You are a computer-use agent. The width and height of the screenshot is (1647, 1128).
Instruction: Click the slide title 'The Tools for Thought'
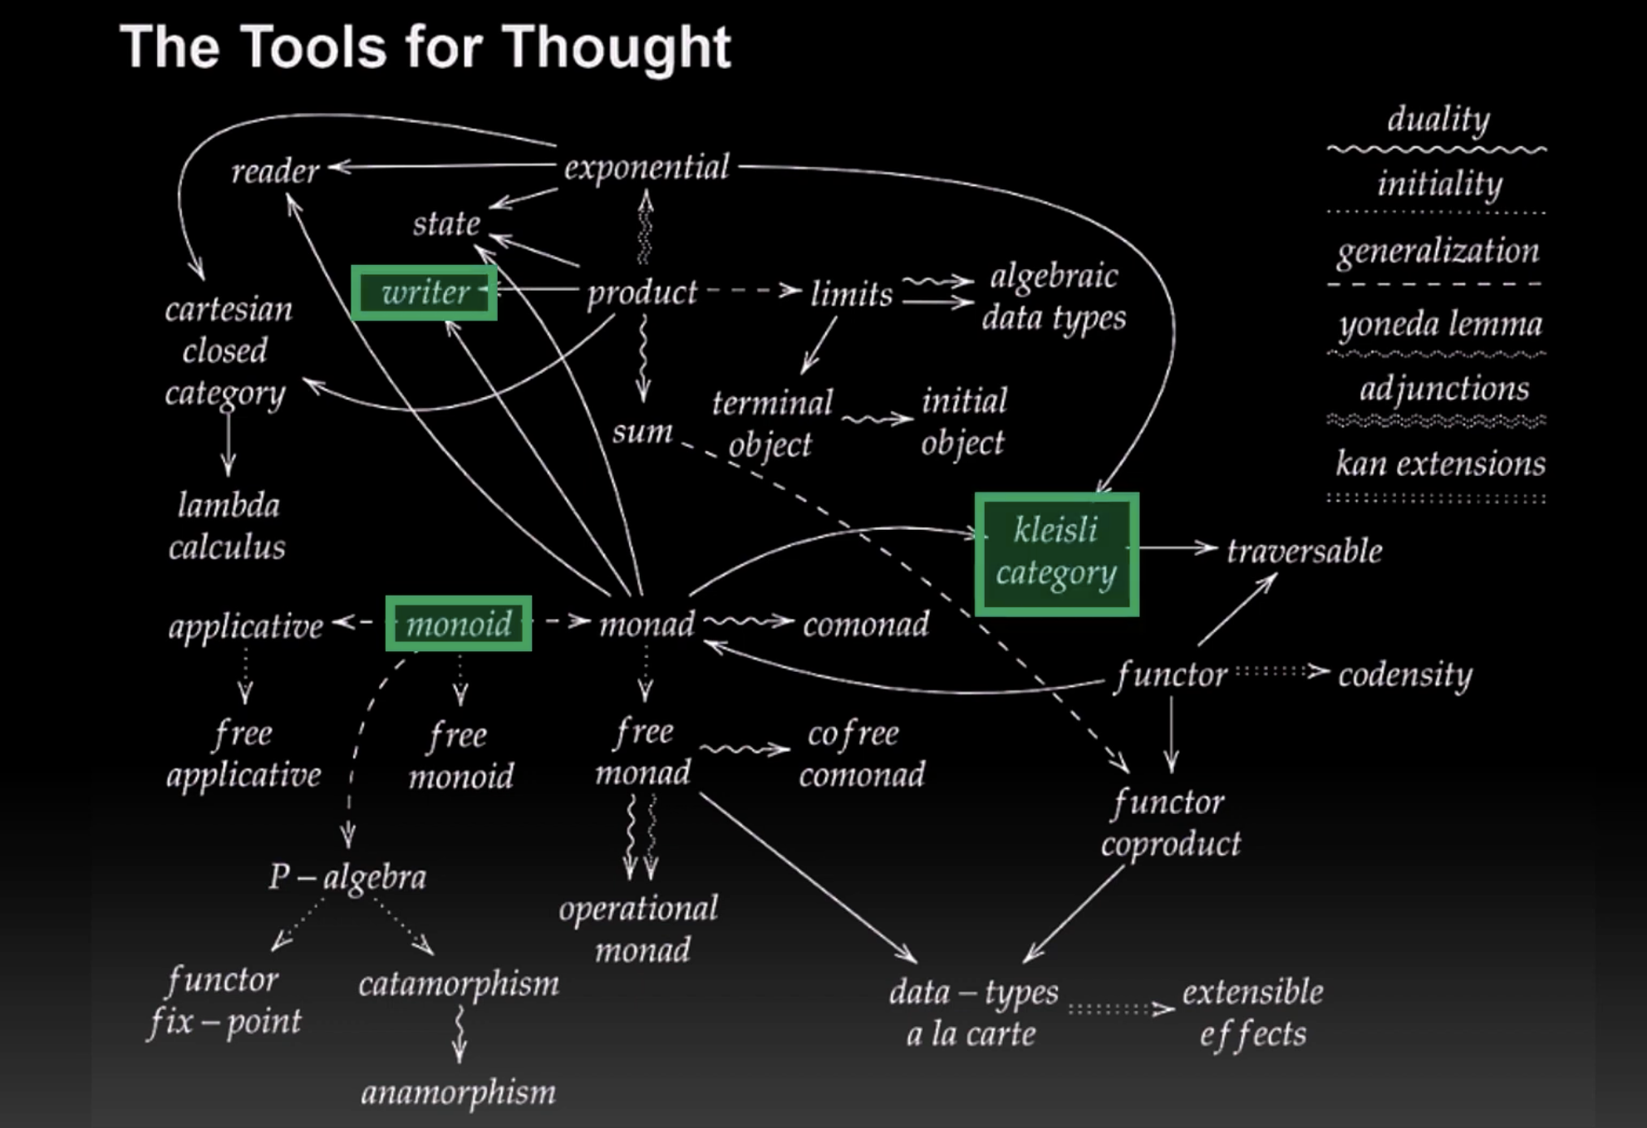pyautogui.click(x=425, y=47)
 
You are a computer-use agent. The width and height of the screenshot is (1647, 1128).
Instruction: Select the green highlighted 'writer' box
pyautogui.click(x=425, y=292)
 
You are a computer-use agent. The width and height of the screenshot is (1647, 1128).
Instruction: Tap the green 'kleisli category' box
pyautogui.click(x=1056, y=553)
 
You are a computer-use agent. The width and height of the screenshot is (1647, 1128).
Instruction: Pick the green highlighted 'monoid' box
pyautogui.click(x=458, y=623)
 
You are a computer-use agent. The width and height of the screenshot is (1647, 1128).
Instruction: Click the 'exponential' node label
pyautogui.click(x=647, y=168)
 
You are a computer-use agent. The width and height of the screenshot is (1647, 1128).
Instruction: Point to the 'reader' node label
pyautogui.click(x=275, y=171)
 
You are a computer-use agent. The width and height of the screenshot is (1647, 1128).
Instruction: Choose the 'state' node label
pyautogui.click(x=446, y=223)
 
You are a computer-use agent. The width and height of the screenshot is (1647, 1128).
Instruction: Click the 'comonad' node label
pyautogui.click(x=866, y=625)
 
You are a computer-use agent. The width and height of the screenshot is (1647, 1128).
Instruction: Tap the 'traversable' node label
pyautogui.click(x=1305, y=551)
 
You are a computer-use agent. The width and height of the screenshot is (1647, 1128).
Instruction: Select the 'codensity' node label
pyautogui.click(x=1404, y=674)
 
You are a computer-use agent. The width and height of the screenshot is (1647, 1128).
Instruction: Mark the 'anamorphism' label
pyautogui.click(x=458, y=1092)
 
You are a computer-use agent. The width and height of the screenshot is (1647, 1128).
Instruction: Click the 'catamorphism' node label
pyautogui.click(x=459, y=984)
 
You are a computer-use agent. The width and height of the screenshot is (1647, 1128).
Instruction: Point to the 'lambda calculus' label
pyautogui.click(x=228, y=526)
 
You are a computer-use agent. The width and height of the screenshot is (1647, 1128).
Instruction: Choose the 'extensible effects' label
pyautogui.click(x=1253, y=1013)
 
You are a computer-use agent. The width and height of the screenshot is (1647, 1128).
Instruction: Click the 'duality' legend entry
pyautogui.click(x=1438, y=119)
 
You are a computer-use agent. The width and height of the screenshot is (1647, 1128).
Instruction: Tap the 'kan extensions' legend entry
pyautogui.click(x=1440, y=463)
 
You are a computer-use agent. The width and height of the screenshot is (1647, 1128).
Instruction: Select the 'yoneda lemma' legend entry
pyautogui.click(x=1440, y=324)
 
